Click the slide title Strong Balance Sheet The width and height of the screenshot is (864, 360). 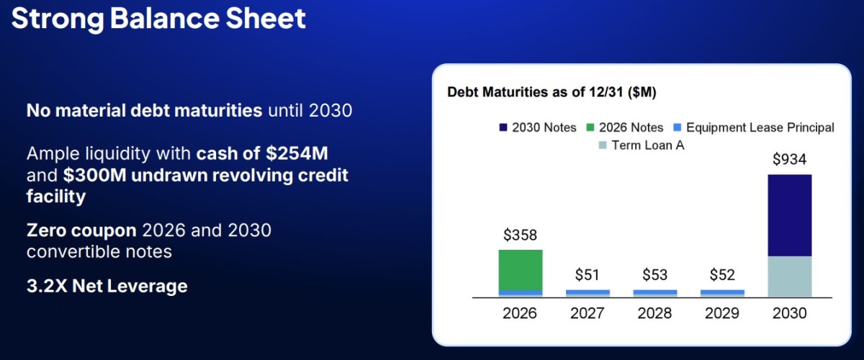[x=158, y=19]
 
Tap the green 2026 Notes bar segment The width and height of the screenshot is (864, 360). [x=521, y=270]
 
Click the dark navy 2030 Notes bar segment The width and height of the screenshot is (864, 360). [x=790, y=215]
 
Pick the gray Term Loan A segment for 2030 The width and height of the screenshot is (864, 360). [x=790, y=276]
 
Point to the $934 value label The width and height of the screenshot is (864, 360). [x=789, y=159]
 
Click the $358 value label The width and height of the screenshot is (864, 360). [x=520, y=235]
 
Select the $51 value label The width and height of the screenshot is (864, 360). [x=587, y=275]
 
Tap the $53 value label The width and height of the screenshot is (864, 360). [x=654, y=275]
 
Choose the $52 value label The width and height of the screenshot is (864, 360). [x=722, y=275]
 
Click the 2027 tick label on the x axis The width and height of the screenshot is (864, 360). [x=587, y=313]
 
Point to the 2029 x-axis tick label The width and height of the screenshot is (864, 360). [x=722, y=313]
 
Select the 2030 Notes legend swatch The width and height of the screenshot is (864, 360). [x=503, y=127]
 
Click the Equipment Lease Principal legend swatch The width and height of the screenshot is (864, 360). [x=678, y=127]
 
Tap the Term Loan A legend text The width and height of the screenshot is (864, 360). [x=648, y=145]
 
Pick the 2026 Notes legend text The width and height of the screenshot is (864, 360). [x=631, y=127]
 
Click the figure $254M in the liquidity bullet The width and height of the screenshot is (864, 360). [x=297, y=153]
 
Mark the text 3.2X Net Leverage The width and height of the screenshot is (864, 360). [x=107, y=287]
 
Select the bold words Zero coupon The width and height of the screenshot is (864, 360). [x=81, y=230]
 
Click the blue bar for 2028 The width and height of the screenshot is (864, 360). [x=655, y=292]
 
